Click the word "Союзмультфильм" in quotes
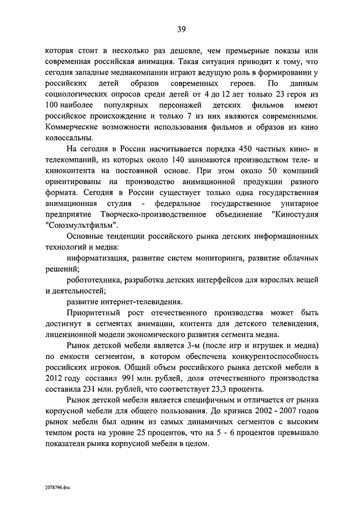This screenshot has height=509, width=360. pyautogui.click(x=79, y=224)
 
